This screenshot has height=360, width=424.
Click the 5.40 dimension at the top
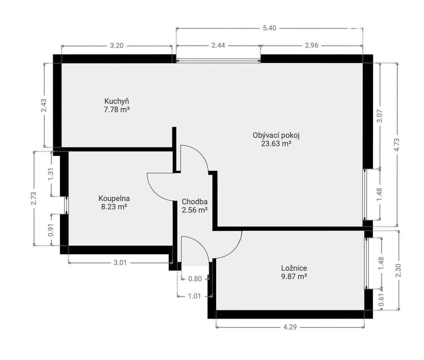pos(269,28)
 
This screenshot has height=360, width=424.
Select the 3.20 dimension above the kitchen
pos(117,46)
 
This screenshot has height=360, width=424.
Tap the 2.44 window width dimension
pos(218,45)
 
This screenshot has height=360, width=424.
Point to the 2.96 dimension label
pos(311,45)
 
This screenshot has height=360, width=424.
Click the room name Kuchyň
pos(117,101)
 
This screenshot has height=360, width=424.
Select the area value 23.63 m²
pos(276,144)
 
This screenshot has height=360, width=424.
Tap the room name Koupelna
pos(114,198)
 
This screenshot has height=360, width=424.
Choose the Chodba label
pos(194,202)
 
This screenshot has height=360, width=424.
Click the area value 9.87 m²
pos(294,277)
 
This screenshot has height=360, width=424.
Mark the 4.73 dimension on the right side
pos(397,145)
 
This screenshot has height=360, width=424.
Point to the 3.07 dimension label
pos(380,116)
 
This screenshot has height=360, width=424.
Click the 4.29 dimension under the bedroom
pos(290,327)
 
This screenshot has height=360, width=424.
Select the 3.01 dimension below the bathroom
pos(120,262)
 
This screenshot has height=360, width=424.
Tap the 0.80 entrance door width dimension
pos(195,279)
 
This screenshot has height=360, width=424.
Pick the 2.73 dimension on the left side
pos(34,198)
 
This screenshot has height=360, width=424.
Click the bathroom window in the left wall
pos(66,205)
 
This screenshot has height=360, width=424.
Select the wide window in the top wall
pos(218,61)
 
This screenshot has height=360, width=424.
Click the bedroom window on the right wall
pos(366,263)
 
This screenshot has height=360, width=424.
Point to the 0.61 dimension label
pos(381,300)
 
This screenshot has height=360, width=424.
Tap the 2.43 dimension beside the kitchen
pos(44,105)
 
